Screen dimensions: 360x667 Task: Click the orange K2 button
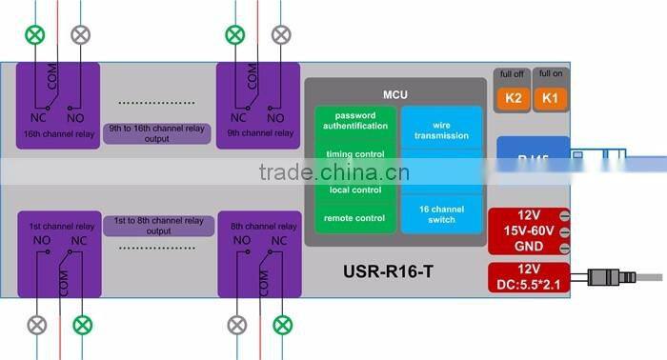[512, 96]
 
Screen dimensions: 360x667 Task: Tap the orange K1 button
[550, 96]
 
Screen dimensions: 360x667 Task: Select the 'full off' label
[512, 74]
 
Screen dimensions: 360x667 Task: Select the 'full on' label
[550, 74]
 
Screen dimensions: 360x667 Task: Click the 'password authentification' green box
[354, 121]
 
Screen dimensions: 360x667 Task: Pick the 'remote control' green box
[354, 218]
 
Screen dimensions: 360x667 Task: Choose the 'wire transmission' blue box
[441, 130]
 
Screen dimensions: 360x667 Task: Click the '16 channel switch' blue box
[441, 214]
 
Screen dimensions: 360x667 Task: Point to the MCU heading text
[395, 94]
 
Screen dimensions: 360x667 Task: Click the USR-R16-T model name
[388, 272]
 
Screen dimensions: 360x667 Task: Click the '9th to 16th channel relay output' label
[157, 134]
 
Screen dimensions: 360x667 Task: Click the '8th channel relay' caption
[257, 227]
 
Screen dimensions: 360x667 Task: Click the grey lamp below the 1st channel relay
[36, 325]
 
